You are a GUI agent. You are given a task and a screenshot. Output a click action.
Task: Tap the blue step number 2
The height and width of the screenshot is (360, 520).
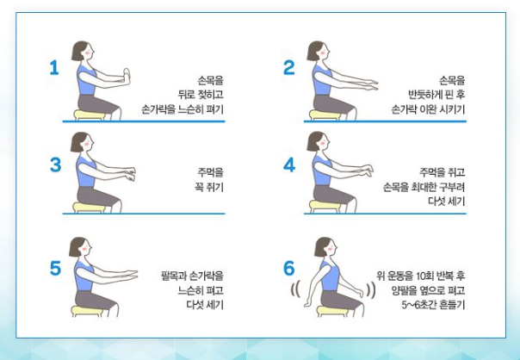(x=289, y=67)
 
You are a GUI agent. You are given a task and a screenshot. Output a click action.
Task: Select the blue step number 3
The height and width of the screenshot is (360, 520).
(x=55, y=164)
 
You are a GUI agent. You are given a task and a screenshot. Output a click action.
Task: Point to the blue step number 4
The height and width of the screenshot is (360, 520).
(x=289, y=164)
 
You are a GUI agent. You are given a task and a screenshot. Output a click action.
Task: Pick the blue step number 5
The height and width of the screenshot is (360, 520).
(x=55, y=268)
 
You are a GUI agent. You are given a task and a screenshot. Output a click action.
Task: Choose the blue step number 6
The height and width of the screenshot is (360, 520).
(x=289, y=268)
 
